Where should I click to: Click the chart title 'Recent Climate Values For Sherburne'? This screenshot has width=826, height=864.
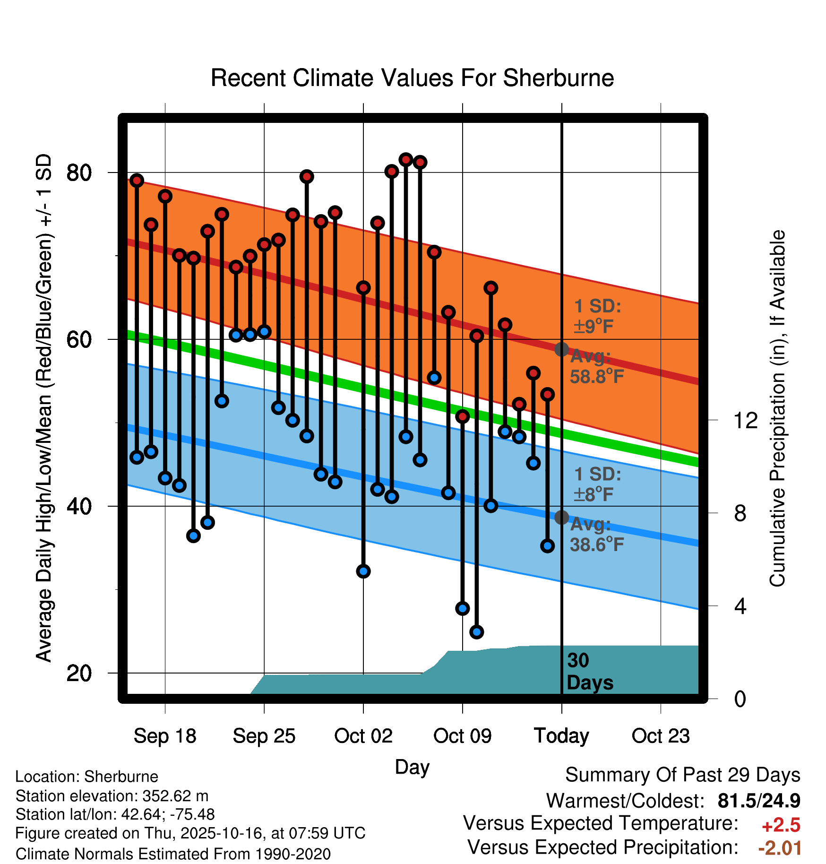click(x=412, y=78)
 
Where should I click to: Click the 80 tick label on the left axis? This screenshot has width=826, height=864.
click(x=79, y=173)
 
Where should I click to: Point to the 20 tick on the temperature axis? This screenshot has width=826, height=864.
click(x=79, y=673)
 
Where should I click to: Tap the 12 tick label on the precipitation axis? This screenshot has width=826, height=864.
click(x=745, y=420)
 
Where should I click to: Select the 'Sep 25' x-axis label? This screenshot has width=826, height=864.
click(x=264, y=736)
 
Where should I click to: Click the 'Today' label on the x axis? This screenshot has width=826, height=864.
click(x=561, y=736)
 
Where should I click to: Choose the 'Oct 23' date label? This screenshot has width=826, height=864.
click(x=661, y=736)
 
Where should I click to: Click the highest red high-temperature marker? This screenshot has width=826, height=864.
click(x=405, y=160)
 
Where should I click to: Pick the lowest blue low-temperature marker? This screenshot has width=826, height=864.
click(x=476, y=632)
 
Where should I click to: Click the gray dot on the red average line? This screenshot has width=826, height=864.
click(x=561, y=349)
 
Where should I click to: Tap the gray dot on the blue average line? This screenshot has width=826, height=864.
click(x=561, y=517)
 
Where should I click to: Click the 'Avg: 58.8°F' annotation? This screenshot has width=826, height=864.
click(x=596, y=367)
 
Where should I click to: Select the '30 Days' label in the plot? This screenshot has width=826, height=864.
click(x=589, y=672)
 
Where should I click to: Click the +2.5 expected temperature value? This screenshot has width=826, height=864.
click(x=781, y=825)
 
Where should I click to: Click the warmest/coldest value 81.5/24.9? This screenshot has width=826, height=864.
click(x=758, y=801)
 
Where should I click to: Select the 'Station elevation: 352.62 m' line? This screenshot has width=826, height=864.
click(x=112, y=796)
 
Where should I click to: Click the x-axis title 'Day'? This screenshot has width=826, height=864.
click(x=412, y=767)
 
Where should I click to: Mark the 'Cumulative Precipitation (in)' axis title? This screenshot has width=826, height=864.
click(x=777, y=408)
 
